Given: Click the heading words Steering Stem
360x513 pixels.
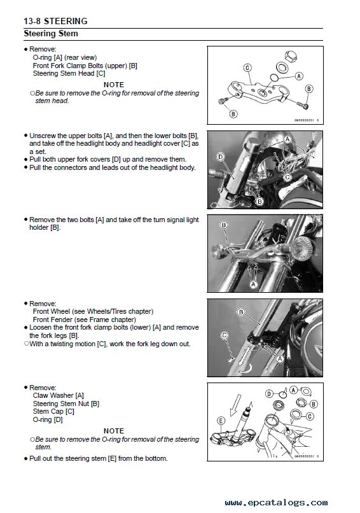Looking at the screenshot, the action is click(51, 33).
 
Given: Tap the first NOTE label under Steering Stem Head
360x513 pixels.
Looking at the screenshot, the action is click(114, 85).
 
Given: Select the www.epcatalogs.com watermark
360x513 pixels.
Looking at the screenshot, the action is click(276, 502).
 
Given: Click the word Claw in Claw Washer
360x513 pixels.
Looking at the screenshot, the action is click(39, 395).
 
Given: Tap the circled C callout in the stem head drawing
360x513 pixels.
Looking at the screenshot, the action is click(247, 67).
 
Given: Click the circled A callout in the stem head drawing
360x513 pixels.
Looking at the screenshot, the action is click(299, 76).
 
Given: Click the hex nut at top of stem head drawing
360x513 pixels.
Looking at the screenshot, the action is click(291, 56).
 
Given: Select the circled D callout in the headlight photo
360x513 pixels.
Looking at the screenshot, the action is click(220, 157).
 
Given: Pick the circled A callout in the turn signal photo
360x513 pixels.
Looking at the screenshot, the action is click(253, 285).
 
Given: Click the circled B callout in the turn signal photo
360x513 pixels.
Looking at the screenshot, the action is click(224, 225).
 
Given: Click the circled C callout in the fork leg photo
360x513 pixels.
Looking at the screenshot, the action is click(225, 335).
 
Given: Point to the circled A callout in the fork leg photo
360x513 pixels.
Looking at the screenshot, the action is click(280, 359).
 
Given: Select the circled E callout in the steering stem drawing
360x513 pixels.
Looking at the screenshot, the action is click(221, 421).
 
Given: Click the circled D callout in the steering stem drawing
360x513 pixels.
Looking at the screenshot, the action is click(269, 393).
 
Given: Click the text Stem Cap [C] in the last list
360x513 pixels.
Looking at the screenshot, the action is click(53, 411).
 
